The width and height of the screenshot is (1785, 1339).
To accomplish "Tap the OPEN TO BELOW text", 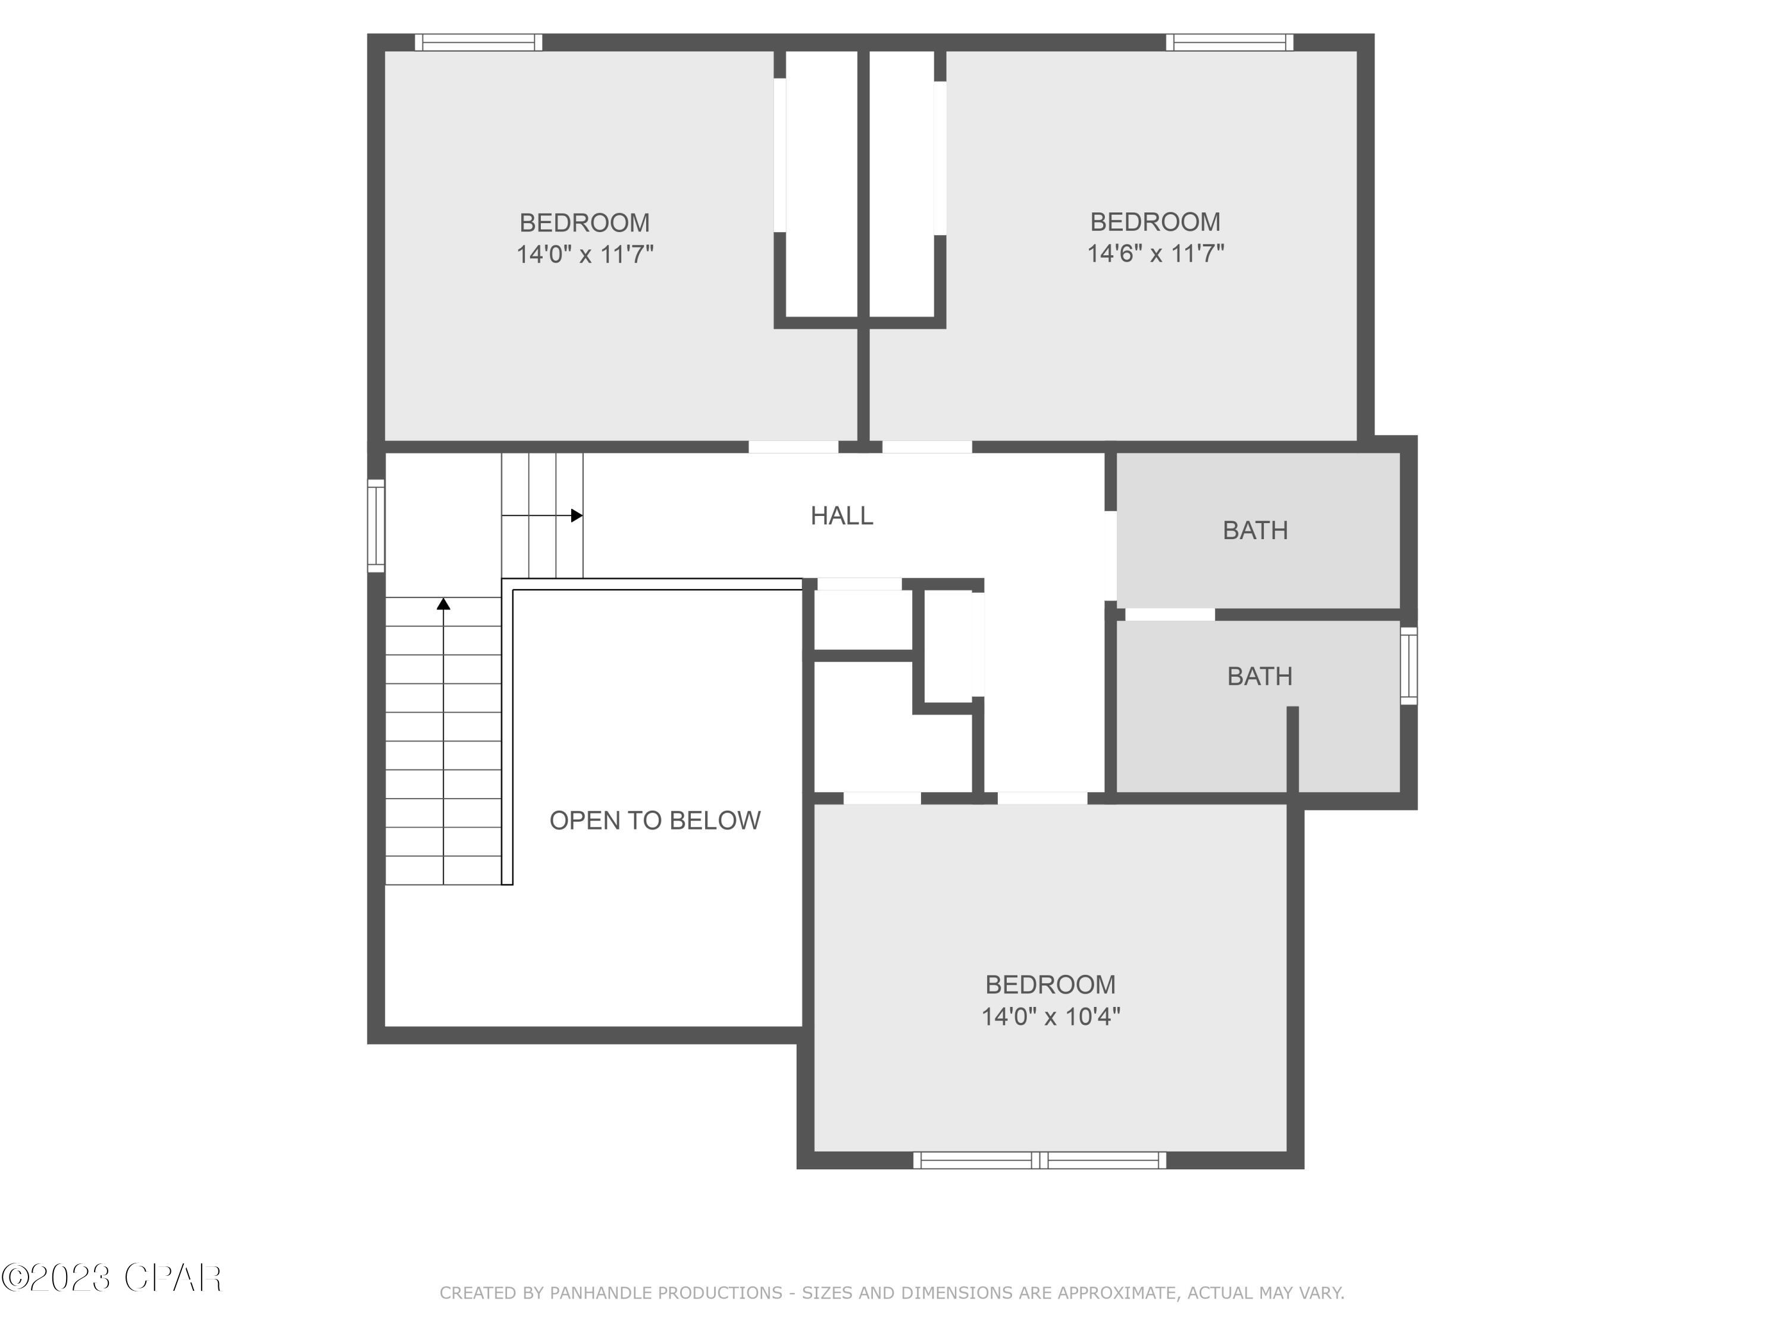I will coord(654,820).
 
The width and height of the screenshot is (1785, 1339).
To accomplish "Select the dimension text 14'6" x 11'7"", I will coord(1155,254).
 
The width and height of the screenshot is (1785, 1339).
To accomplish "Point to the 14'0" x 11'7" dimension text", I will coord(584,254).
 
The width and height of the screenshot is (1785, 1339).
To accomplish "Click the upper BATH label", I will coord(1255,530).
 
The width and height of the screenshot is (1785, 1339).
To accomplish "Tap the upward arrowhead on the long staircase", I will coord(443,603).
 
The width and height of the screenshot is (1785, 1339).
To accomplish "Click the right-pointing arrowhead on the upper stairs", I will coord(576,515).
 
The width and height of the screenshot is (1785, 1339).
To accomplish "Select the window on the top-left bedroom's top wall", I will coord(478,42).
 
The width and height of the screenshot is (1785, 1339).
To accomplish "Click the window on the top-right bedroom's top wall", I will coord(1229,42).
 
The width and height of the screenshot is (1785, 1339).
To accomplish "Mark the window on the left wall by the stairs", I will coord(376,525).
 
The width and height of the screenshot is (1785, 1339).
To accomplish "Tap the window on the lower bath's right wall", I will coord(1408,665).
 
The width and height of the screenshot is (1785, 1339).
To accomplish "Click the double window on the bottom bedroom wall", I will coord(1039,1160).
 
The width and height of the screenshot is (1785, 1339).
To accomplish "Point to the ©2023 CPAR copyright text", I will coord(111,1278).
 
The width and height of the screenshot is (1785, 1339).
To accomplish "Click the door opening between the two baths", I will coord(1169,614).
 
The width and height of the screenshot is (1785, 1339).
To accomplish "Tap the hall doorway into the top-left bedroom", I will coord(793,446).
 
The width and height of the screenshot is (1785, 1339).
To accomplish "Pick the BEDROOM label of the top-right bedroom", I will coord(1155,221).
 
